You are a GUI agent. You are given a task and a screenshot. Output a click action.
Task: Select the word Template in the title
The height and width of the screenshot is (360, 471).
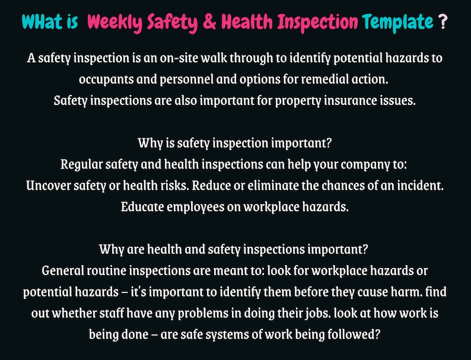click(x=398, y=23)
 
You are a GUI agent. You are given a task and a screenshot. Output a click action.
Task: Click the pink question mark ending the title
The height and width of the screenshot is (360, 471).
click(x=442, y=23)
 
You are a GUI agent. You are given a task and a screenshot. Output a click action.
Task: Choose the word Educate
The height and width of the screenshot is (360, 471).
click(x=144, y=206)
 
